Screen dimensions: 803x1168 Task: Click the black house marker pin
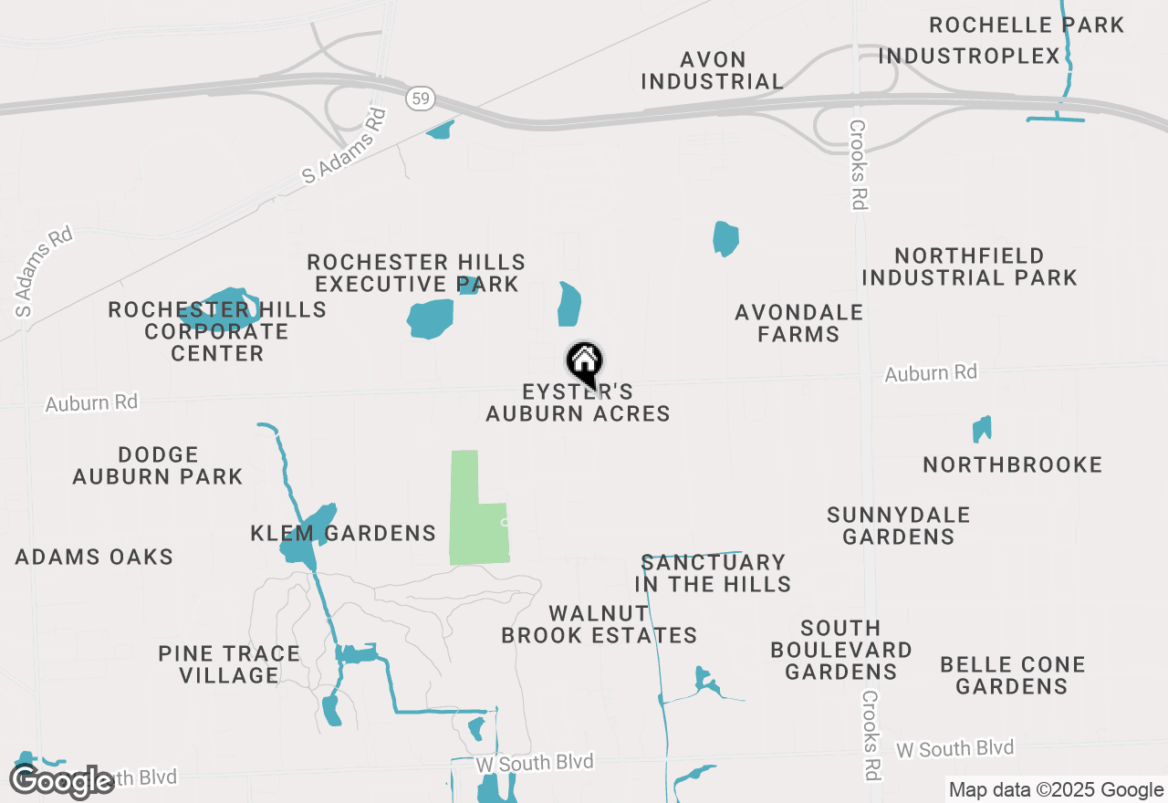click(584, 362)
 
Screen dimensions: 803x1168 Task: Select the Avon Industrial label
click(712, 70)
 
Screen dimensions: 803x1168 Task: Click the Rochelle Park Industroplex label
click(1001, 40)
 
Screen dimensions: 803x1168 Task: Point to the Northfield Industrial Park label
click(969, 266)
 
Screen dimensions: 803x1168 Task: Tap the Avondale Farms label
click(798, 323)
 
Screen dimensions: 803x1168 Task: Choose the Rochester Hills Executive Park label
click(416, 274)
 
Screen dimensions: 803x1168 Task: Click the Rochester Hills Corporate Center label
click(217, 331)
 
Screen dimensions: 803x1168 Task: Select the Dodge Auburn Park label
click(158, 465)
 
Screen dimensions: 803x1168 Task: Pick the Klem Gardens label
click(343, 533)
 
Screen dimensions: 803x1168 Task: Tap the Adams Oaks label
click(94, 557)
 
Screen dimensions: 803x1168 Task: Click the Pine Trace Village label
click(229, 664)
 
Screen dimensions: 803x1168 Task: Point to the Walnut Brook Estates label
click(599, 624)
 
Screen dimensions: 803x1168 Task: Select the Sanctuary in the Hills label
click(713, 573)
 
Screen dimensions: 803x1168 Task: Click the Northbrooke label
click(1012, 465)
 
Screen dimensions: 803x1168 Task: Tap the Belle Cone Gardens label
click(1012, 675)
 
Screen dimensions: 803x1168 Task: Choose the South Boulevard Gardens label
click(840, 650)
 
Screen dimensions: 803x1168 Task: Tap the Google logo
click(62, 781)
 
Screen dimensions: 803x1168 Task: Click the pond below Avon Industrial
click(725, 238)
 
